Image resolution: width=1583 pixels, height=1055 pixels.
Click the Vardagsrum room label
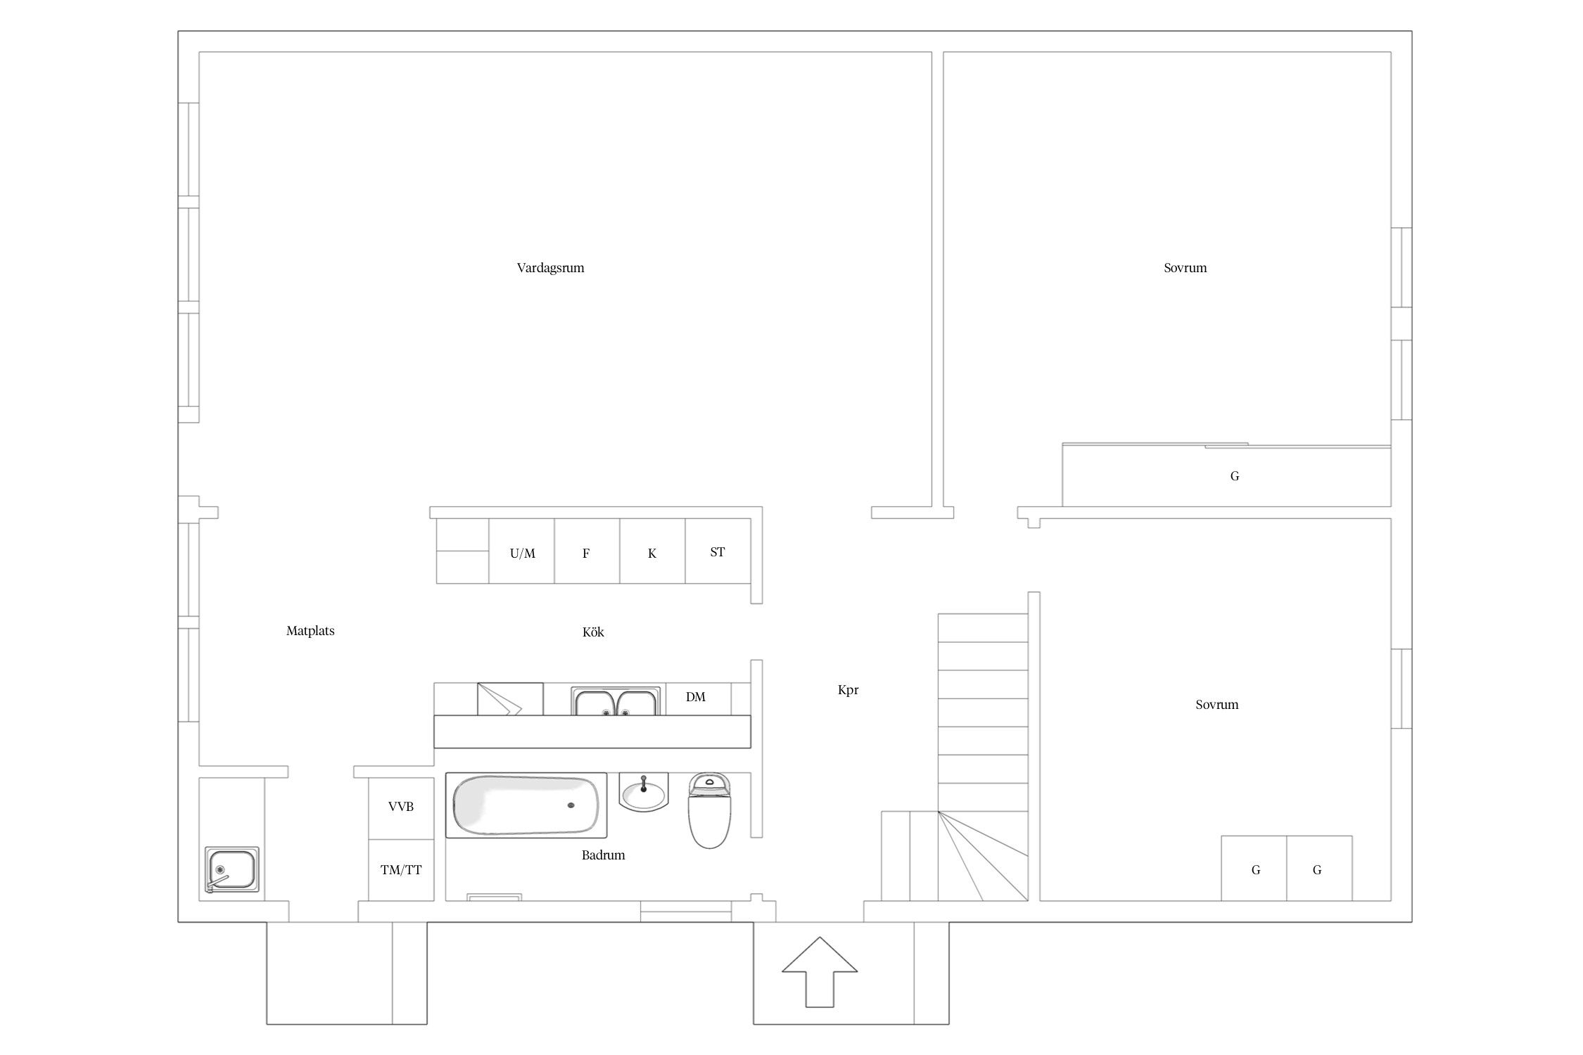550,268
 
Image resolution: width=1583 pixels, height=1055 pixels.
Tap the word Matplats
310,631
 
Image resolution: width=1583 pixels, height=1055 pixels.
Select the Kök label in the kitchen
593,632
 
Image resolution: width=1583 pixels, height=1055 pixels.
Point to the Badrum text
603,855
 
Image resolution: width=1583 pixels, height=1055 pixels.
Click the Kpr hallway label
848,690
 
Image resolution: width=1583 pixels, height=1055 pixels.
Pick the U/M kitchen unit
522,551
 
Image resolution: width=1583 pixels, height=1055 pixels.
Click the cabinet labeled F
587,551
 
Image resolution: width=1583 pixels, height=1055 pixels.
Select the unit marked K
652,551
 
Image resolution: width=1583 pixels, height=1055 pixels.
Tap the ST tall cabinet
718,551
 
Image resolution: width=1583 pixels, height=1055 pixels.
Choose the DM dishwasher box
698,698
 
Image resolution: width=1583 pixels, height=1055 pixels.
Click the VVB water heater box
401,808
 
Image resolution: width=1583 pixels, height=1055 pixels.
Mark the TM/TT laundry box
401,870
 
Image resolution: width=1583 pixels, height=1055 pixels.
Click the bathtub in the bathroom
526,805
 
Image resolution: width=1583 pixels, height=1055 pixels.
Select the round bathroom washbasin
643,793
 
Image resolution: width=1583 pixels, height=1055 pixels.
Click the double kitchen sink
616,701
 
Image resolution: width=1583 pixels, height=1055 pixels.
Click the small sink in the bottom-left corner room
231,870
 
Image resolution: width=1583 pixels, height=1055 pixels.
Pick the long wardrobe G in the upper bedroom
1226,475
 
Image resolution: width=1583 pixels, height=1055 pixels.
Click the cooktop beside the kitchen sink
510,699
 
